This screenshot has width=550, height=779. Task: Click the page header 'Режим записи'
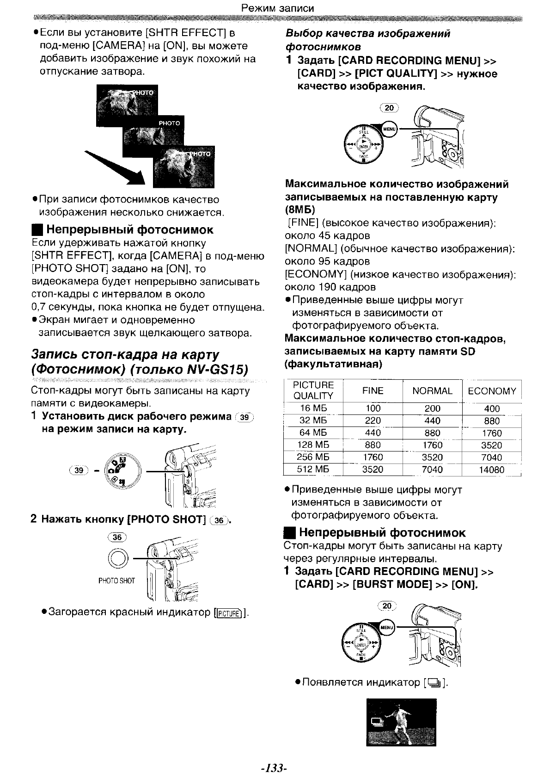point(278,8)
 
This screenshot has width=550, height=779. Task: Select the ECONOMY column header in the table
point(492,391)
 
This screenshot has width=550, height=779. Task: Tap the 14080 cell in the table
point(491,470)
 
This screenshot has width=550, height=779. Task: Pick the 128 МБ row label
point(313,445)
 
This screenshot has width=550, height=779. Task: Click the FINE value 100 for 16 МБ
point(373,408)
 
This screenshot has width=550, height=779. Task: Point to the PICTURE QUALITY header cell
point(313,390)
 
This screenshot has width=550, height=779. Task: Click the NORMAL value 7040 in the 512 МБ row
point(432,470)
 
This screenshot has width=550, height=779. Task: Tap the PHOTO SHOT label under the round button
point(116,581)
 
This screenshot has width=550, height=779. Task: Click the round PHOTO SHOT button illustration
point(117,559)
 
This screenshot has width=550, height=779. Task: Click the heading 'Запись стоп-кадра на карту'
point(125,355)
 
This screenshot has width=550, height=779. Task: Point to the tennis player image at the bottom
point(401,722)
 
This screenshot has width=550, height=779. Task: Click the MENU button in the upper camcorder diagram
point(390,129)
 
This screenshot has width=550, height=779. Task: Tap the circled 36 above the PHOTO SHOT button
point(116,537)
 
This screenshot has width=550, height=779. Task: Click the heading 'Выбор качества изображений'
point(367,34)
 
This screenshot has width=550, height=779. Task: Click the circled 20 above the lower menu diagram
point(387,606)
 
